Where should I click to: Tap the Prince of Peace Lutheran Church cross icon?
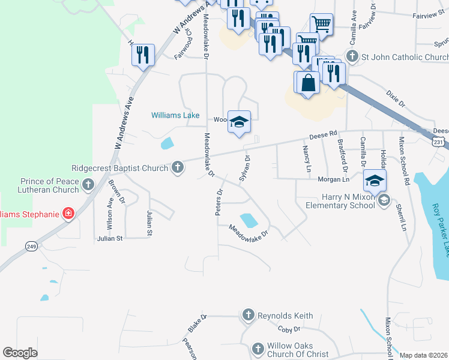[x=88, y=184]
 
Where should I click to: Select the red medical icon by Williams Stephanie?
[x=68, y=214]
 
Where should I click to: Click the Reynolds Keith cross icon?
[x=249, y=314]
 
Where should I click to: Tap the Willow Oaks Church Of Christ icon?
[x=258, y=349]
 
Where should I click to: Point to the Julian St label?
[x=110, y=238]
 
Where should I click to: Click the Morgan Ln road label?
[x=337, y=179]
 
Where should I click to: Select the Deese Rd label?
[x=324, y=136]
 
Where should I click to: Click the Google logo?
[x=20, y=353]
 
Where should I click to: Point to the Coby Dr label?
[x=289, y=329]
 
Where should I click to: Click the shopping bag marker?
[x=308, y=83]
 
